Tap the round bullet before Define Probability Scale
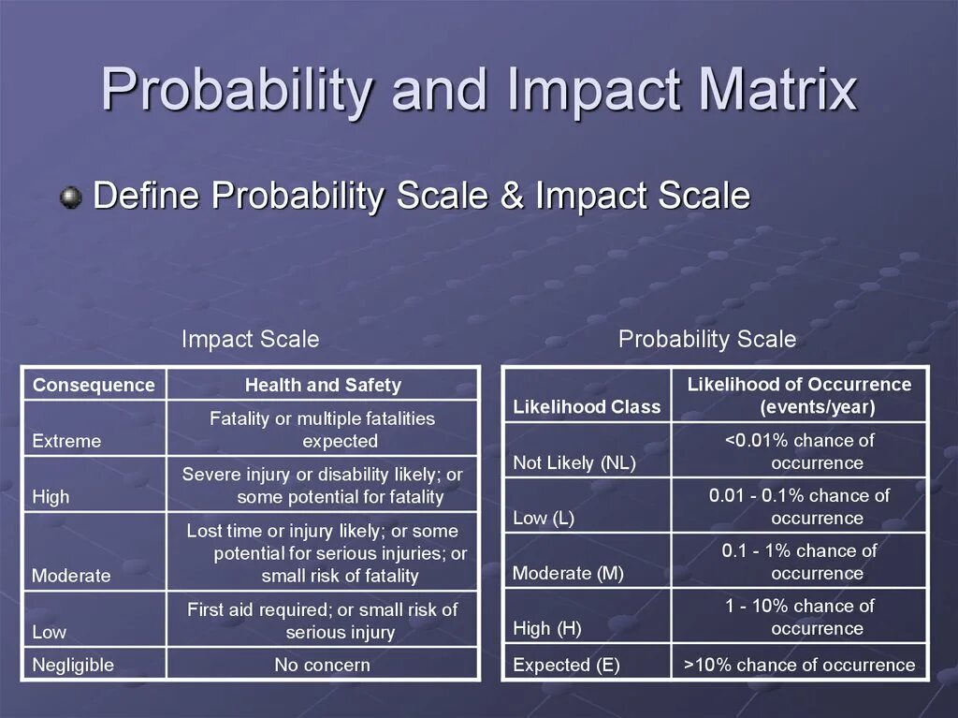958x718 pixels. pyautogui.click(x=70, y=198)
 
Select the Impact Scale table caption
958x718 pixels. pyautogui.click(x=250, y=339)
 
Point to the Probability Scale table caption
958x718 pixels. pyautogui.click(x=706, y=339)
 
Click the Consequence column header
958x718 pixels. pyautogui.click(x=94, y=385)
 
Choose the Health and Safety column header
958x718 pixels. pyautogui.click(x=323, y=385)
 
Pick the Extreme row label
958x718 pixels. pyautogui.click(x=66, y=441)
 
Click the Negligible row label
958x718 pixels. pyautogui.click(x=73, y=665)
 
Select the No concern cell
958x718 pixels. pyautogui.click(x=322, y=665)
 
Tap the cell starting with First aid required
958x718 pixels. pyautogui.click(x=322, y=621)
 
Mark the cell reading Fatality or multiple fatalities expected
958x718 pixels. pyautogui.click(x=322, y=430)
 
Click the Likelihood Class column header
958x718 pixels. pyautogui.click(x=587, y=407)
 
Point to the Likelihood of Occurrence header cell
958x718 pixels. pyautogui.click(x=799, y=395)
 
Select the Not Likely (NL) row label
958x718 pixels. pyautogui.click(x=573, y=462)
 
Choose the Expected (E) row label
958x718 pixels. pyautogui.click(x=566, y=665)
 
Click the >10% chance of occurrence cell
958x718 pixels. pyautogui.click(x=799, y=665)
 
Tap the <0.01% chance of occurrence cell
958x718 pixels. pyautogui.click(x=799, y=450)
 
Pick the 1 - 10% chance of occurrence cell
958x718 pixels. pyautogui.click(x=799, y=617)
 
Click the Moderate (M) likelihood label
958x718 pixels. pyautogui.click(x=568, y=573)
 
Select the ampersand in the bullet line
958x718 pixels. pyautogui.click(x=512, y=197)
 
